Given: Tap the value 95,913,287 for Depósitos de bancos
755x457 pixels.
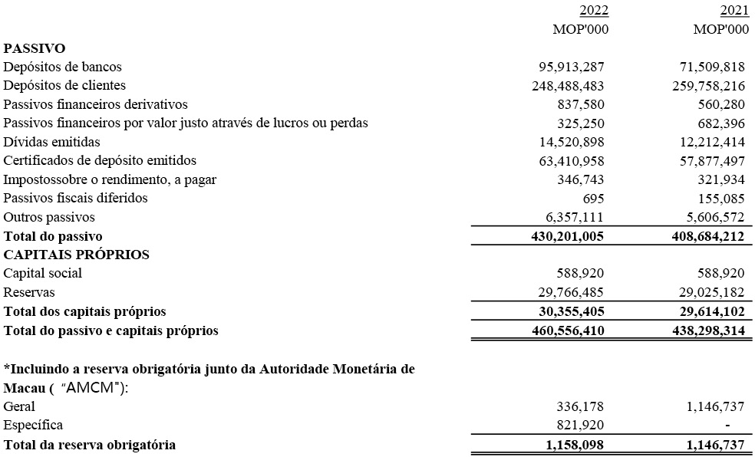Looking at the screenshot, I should point(568,67).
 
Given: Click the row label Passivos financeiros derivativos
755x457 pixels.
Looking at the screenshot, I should point(95,104).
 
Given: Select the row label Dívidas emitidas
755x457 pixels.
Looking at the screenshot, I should point(51,142).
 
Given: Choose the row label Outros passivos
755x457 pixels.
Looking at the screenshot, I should point(49,217).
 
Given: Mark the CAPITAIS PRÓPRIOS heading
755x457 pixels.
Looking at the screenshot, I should point(76,255).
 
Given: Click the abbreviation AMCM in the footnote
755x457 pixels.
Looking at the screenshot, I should point(92,388).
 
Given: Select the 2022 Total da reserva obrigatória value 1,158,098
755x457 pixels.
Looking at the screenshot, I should point(572,445).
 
